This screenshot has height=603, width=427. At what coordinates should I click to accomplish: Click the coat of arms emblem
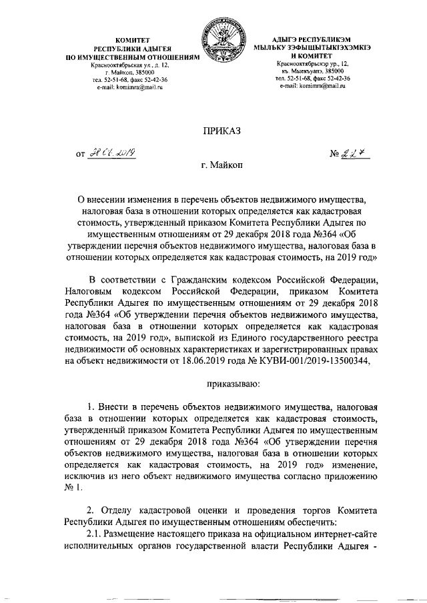(222, 43)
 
